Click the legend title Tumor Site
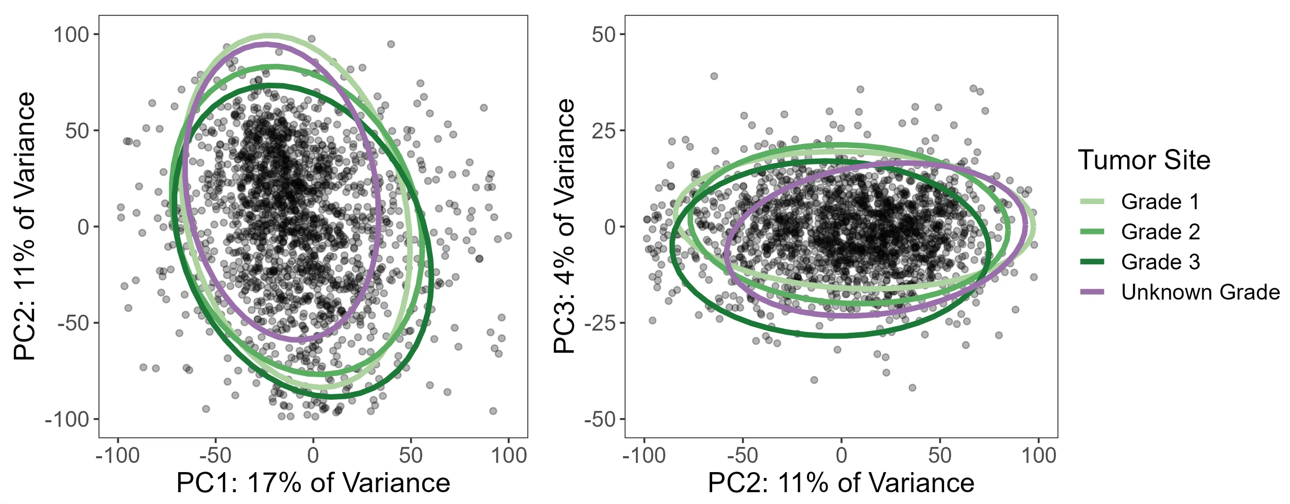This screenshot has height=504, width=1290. [1144, 160]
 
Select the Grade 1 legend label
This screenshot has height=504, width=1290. [1160, 202]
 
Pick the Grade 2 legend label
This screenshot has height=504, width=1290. [1160, 232]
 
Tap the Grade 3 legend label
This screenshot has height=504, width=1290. [1160, 262]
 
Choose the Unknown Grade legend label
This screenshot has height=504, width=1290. [1200, 292]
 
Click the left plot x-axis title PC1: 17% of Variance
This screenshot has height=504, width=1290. [313, 483]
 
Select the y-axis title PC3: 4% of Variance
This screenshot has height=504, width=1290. [564, 226]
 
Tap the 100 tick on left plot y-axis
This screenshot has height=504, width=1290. [71, 35]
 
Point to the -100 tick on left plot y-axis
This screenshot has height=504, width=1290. [67, 419]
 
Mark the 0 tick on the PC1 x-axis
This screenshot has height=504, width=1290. [313, 455]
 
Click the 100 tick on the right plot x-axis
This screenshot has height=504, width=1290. [1038, 455]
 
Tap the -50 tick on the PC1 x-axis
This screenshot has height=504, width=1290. [215, 455]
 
